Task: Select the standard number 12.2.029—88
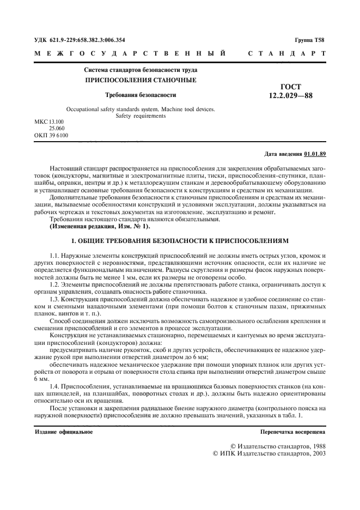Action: point(290,96)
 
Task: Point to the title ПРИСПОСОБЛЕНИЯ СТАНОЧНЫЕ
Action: point(141,80)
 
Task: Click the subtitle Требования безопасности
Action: point(141,95)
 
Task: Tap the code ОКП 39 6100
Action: point(51,134)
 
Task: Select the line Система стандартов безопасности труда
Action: point(141,70)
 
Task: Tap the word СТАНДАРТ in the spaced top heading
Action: point(286,53)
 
